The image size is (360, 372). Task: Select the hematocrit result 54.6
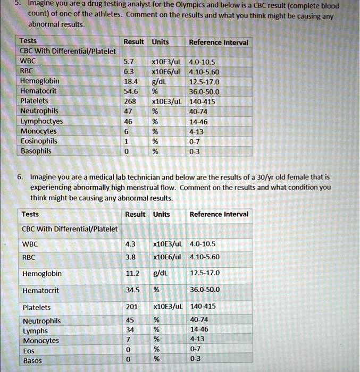(131, 91)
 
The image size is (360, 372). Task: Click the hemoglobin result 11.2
(132, 273)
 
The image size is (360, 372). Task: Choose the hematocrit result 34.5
(132, 290)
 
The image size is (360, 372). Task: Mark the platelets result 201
(132, 307)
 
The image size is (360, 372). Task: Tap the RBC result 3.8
(130, 257)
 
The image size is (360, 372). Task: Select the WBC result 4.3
(130, 244)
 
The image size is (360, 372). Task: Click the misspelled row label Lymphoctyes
(41, 121)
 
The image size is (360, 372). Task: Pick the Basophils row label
(36, 151)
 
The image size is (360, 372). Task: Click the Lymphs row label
(35, 331)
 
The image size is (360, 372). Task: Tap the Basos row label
(32, 361)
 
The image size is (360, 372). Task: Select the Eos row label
(29, 351)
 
